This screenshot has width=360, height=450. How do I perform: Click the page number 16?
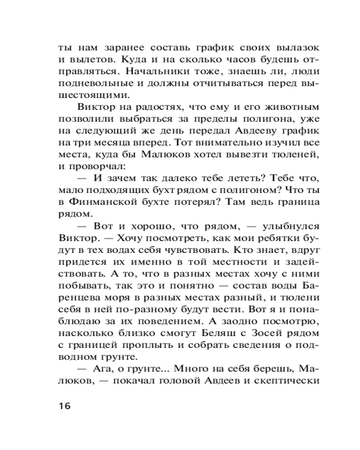click(x=64, y=405)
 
